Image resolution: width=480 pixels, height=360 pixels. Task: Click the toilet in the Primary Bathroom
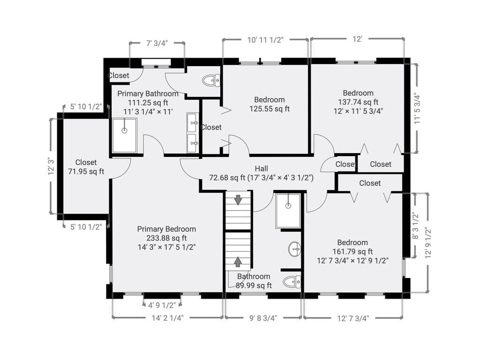[211, 81]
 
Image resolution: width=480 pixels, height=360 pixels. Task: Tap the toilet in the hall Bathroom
[292, 282]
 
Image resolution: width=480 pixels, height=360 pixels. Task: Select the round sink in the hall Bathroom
[294, 249]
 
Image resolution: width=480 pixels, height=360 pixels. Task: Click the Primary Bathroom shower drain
[124, 131]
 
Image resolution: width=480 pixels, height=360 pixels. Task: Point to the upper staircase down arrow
[238, 200]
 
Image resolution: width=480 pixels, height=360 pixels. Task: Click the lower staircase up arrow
[238, 262]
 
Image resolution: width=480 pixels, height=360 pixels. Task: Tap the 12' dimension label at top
[357, 39]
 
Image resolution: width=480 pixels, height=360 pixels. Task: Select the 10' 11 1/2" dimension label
[265, 40]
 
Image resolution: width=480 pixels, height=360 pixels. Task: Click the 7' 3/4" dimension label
[157, 43]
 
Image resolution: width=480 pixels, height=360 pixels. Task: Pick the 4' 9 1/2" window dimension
[162, 305]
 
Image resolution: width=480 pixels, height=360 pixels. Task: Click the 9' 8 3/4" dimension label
[263, 318]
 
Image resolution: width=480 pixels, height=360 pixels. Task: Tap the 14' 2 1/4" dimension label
[167, 318]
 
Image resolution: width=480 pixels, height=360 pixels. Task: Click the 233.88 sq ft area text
[166, 238]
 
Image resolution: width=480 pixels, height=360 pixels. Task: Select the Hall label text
[262, 168]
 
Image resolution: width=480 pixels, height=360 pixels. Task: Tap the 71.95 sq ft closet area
[86, 172]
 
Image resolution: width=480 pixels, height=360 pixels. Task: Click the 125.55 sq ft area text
[270, 109]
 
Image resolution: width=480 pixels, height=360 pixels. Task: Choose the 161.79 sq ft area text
[352, 252]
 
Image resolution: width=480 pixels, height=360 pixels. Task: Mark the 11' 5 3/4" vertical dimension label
[418, 108]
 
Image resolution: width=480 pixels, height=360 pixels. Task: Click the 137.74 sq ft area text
[358, 102]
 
